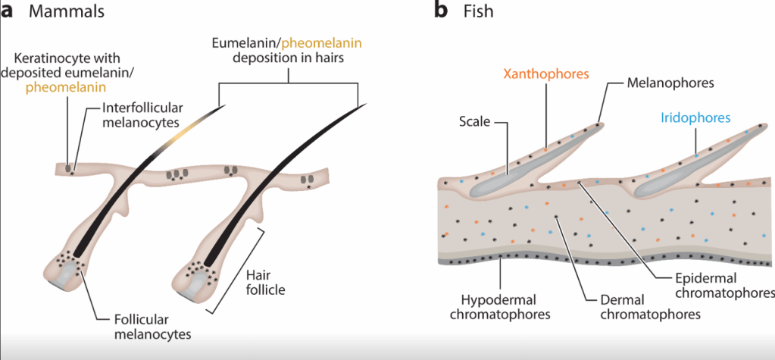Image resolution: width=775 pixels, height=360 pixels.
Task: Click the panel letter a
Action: point(8,12)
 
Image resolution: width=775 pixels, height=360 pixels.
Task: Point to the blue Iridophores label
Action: point(695,117)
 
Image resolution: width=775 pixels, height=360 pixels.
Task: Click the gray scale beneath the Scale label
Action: point(523,167)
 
